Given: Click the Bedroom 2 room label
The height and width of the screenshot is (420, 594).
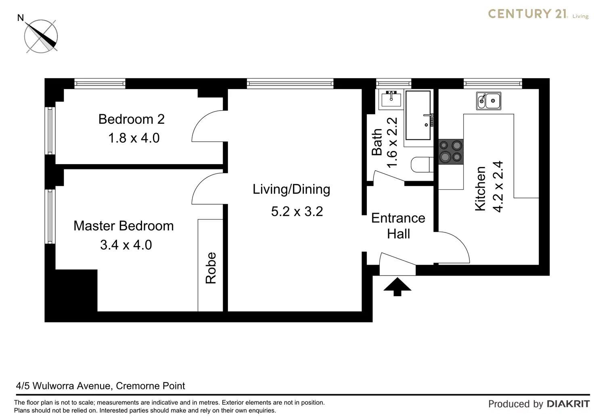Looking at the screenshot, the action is pos(132,119).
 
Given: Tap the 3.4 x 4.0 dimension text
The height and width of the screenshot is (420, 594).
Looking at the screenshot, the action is pos(126,245).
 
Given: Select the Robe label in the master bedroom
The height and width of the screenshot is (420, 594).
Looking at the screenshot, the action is pos(211,268).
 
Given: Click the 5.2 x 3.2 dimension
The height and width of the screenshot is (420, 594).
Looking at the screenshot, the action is pos(297,211).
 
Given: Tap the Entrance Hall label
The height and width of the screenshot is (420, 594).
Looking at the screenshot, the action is pos(398,226).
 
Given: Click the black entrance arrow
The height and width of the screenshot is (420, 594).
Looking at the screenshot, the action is pos(397,286).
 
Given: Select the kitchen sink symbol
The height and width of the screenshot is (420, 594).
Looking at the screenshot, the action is pos(488,101).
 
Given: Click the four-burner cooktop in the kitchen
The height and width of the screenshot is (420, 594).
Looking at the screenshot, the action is pos(451,152).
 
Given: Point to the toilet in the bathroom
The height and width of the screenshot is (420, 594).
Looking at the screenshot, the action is pos(422,164).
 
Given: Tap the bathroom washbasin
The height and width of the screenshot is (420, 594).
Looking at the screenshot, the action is pos(391,98).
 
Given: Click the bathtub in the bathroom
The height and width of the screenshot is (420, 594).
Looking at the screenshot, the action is pos(418,115).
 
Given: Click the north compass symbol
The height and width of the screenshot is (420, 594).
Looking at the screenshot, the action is pos(41,36).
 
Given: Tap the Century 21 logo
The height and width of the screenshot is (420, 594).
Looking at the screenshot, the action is pos(538,14).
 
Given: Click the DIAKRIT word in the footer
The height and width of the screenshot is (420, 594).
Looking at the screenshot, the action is pos(568,404).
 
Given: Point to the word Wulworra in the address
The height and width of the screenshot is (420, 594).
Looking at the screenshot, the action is pos(53,386).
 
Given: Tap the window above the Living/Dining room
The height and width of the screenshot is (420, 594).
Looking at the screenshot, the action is pos(290,84).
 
